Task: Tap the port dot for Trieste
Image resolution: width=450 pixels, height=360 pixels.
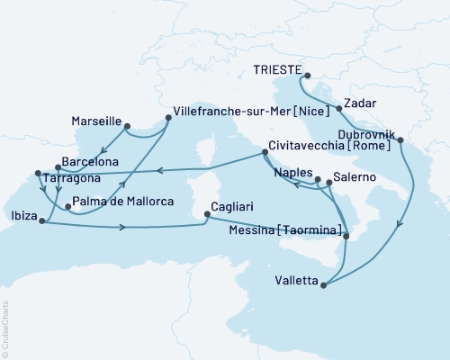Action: pyautogui.click(x=306, y=76)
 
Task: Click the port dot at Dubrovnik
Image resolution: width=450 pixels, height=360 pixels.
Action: pyautogui.click(x=400, y=139)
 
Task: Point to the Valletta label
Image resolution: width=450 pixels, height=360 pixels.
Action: pyautogui.click(x=295, y=282)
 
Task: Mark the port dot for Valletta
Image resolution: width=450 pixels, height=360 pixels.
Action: pyautogui.click(x=322, y=285)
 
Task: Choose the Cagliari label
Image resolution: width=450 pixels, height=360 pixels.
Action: pyautogui.click(x=236, y=205)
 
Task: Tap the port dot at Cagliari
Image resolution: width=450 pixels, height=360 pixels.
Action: pyautogui.click(x=208, y=214)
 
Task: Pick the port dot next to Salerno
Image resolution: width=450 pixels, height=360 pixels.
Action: pyautogui.click(x=328, y=183)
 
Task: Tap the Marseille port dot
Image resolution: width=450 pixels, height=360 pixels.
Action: pyautogui.click(x=127, y=126)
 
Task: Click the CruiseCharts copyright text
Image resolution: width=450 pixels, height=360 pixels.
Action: pyautogui.click(x=5, y=329)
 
